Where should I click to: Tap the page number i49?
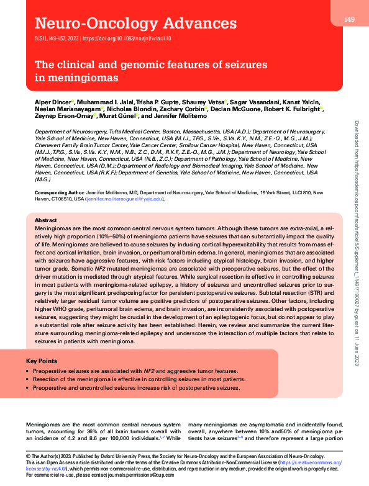click(x=349, y=20)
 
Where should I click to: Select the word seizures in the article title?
click(x=242, y=65)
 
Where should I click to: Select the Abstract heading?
click(x=46, y=220)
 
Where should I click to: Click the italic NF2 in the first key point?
click(x=149, y=370)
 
